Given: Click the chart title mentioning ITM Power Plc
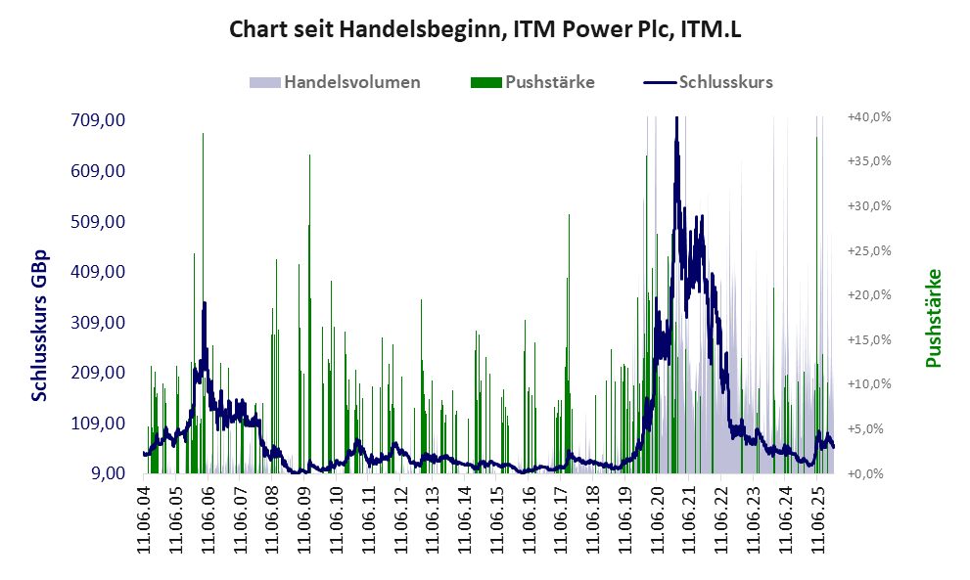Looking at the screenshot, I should point(485,29).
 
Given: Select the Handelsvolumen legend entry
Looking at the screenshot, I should point(352,82).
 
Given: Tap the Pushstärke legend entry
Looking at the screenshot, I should point(549,82).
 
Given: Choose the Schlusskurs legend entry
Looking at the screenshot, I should point(725,82).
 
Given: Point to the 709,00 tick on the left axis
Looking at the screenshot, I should point(97,120).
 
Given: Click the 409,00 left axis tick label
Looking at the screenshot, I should point(97,272).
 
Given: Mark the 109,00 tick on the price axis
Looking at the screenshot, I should point(97,424).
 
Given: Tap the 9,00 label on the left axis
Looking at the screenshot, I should point(107,474).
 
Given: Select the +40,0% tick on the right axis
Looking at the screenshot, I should point(868,116).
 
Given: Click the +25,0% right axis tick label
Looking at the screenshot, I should point(868,250).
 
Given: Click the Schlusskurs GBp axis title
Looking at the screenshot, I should point(40,326).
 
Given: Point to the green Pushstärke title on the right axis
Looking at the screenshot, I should point(932,318).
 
